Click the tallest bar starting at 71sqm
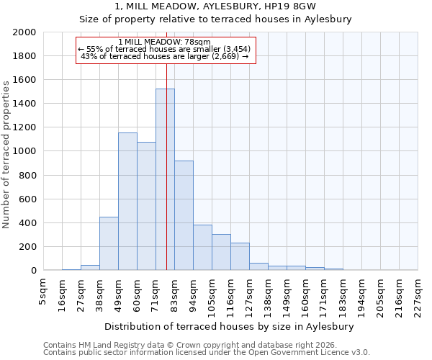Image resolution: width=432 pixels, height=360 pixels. (x=165, y=179)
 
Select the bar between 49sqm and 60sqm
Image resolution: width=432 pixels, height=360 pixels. (x=127, y=202)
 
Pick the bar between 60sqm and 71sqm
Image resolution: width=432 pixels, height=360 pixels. (x=146, y=206)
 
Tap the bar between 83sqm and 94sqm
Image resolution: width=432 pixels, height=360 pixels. (x=184, y=215)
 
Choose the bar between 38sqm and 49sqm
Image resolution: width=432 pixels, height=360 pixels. (x=109, y=243)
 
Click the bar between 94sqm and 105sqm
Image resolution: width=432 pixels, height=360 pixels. (x=202, y=248)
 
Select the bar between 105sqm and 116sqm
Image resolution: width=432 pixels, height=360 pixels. (x=221, y=252)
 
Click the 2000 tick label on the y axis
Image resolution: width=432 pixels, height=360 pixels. (x=24, y=32)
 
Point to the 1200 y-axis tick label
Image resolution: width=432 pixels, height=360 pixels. (x=24, y=127)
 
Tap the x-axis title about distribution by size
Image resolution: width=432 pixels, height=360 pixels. (x=233, y=326)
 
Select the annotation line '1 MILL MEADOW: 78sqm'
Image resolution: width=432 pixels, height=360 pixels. (x=165, y=42)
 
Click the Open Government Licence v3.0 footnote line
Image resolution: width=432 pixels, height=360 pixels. (x=207, y=353)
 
